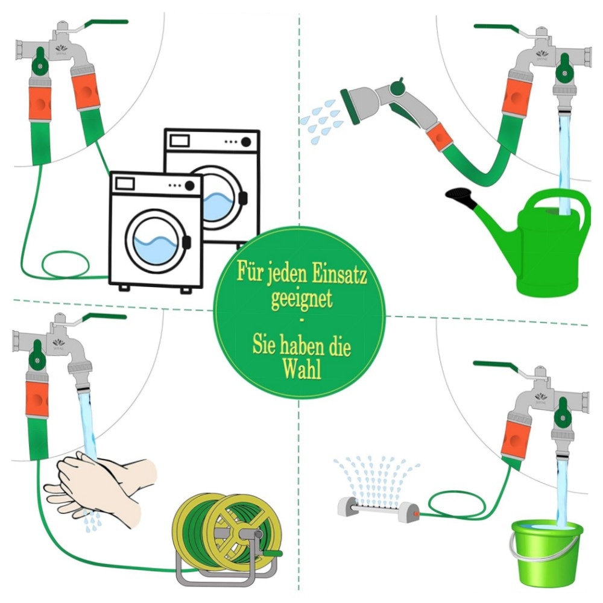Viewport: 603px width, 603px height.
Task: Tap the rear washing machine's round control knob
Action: (246, 142)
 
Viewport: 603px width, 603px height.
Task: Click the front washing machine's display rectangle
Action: (125, 183)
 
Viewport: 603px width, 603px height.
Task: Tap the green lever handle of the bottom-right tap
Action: (495, 366)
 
